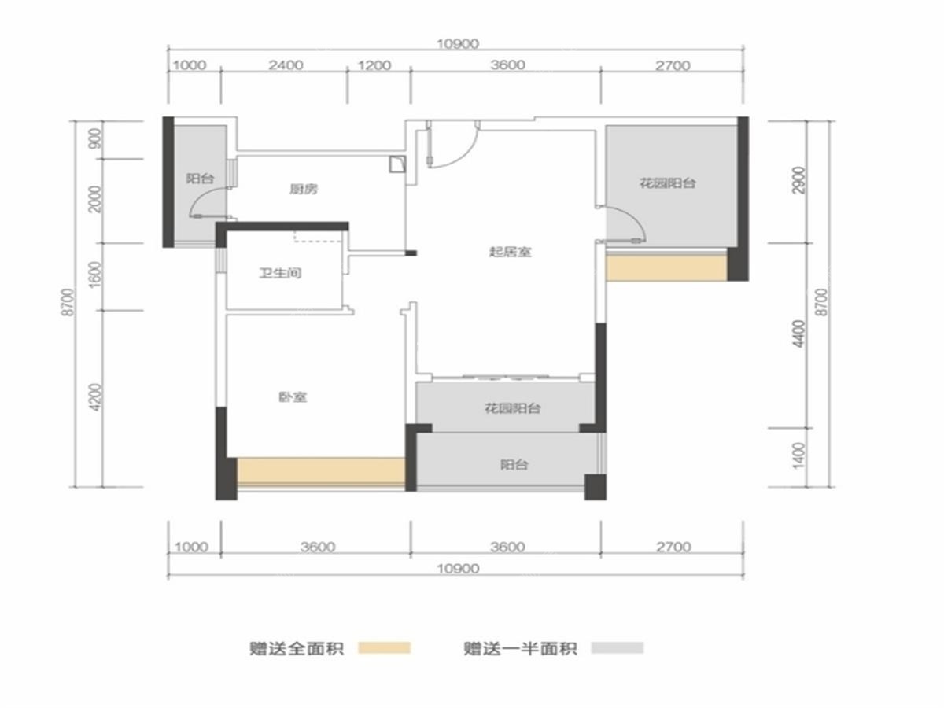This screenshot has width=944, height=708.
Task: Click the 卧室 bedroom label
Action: point(293,397)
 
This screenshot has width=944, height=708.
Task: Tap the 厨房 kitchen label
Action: point(303,189)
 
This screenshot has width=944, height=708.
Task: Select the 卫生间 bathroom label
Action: point(280,273)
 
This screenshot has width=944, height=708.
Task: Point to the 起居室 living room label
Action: point(510,252)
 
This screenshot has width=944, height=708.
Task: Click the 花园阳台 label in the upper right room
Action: point(667,183)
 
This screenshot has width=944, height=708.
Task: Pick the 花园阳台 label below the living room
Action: point(513,408)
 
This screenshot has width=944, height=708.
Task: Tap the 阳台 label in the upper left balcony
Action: point(200,179)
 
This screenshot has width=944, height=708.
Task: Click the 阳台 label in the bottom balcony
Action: point(514,465)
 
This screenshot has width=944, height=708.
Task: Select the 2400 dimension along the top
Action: point(286,65)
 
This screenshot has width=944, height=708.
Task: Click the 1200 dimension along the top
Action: point(374,65)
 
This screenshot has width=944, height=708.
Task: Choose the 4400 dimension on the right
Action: point(798,334)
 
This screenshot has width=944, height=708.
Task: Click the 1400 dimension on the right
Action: point(798,456)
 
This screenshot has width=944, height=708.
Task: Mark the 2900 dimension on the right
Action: point(798,179)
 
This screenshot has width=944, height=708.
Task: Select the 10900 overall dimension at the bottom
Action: point(458,569)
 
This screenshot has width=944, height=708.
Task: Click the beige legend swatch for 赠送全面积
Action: point(385,648)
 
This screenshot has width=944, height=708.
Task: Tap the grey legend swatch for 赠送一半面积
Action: point(618,647)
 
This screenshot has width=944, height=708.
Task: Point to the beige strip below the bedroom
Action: point(321,471)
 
